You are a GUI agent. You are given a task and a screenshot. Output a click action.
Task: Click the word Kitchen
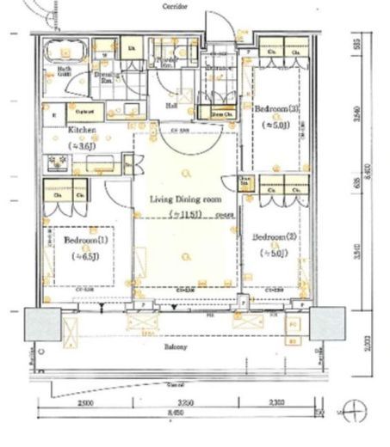(x=83, y=131)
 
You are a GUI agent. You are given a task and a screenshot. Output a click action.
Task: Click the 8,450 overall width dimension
(x=177, y=413)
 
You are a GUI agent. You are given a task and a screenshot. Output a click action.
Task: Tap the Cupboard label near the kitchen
(x=84, y=112)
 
